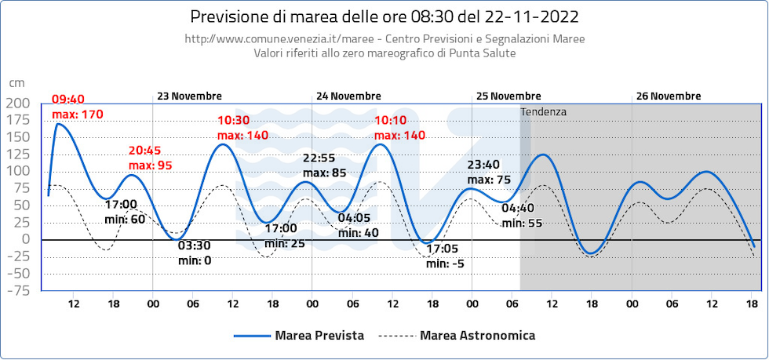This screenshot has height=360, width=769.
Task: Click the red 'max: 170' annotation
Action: pos(78,115)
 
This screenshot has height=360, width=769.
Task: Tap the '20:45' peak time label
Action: pos(145,151)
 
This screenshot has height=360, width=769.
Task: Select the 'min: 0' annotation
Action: pos(195,260)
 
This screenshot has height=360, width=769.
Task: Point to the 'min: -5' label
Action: pos(445,264)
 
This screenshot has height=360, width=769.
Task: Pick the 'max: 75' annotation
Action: pos(489,179)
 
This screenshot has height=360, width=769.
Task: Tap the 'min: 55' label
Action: pos(522,223)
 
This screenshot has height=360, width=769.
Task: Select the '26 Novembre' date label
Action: pos(669,96)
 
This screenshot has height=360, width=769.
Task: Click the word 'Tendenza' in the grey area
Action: pos(543,112)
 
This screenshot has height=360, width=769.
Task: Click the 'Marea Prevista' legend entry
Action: pos(319,336)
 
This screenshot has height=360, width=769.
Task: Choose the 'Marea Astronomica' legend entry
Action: pos(478,336)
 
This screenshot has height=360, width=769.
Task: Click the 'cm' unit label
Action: pos(16,82)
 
